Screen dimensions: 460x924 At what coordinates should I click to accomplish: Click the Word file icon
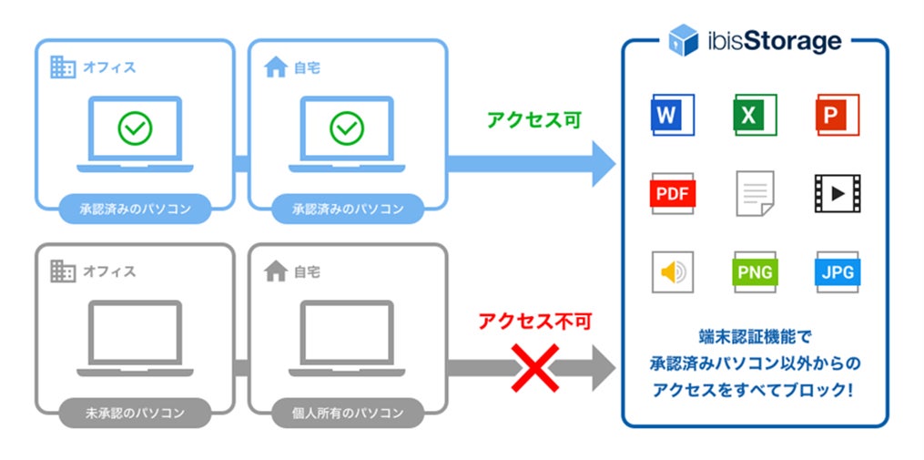pyautogui.click(x=673, y=115)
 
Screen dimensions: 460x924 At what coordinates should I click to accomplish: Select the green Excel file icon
pyautogui.click(x=756, y=115)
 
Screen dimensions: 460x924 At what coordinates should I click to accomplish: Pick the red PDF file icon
pyautogui.click(x=673, y=193)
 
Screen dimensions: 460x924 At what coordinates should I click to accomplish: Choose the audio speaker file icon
pyautogui.click(x=673, y=271)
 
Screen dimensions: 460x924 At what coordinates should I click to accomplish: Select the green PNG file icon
pyautogui.click(x=756, y=271)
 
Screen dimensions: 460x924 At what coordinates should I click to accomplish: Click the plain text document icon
pyautogui.click(x=756, y=193)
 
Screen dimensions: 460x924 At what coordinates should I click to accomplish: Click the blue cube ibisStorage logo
pyautogui.click(x=683, y=41)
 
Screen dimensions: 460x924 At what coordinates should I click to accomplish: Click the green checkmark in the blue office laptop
pyautogui.click(x=135, y=128)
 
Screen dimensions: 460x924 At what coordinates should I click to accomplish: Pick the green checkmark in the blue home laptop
pyautogui.click(x=347, y=128)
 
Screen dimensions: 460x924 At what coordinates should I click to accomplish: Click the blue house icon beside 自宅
pyautogui.click(x=275, y=66)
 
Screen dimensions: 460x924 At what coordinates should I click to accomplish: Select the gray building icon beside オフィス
pyautogui.click(x=62, y=271)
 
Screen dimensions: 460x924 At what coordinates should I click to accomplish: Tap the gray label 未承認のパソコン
pyautogui.click(x=135, y=413)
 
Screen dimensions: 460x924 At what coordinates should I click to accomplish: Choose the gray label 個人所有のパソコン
pyautogui.click(x=348, y=413)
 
